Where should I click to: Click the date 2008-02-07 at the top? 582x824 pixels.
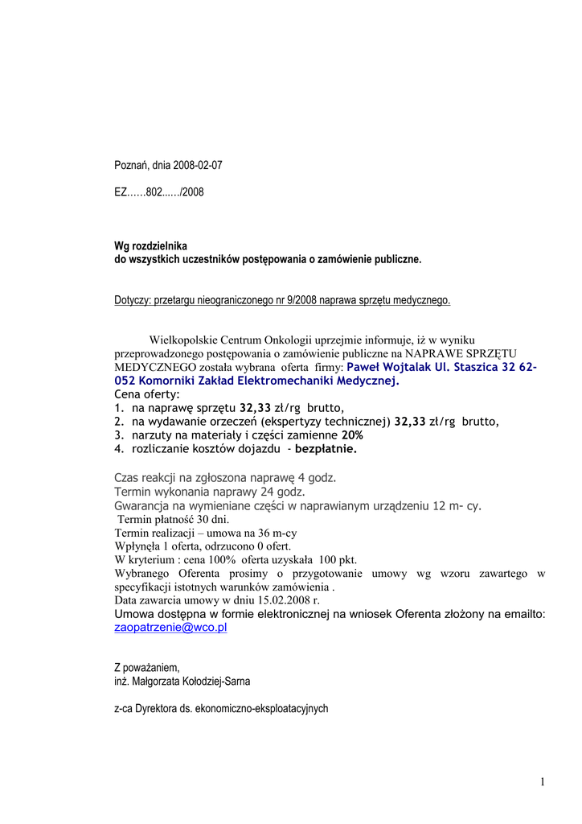click(195, 166)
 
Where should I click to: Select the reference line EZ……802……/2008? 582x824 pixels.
click(158, 193)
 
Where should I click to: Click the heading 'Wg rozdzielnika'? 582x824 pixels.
click(150, 246)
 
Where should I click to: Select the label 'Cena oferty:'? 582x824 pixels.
click(147, 394)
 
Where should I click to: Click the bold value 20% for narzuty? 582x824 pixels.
click(341, 435)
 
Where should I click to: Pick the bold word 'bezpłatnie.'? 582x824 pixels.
click(326, 449)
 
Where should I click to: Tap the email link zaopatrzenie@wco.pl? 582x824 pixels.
click(170, 628)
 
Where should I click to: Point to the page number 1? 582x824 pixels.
click(543, 782)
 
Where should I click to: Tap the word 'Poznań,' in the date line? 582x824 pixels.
click(132, 166)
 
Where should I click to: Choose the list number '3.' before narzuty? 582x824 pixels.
click(119, 435)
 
